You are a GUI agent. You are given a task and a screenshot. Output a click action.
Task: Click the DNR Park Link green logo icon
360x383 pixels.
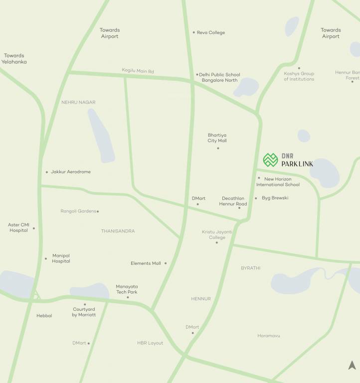tap(270, 160)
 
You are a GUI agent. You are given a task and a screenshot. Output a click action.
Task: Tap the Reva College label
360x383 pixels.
tap(211, 33)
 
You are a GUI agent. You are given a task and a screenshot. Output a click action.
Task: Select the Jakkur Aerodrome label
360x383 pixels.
tap(71, 172)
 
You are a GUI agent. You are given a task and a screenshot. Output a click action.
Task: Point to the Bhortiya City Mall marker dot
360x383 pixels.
tap(218, 148)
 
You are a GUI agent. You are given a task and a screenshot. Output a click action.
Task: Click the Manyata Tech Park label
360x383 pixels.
tap(127, 289)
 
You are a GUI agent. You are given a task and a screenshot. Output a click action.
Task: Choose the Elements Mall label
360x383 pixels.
tap(146, 263)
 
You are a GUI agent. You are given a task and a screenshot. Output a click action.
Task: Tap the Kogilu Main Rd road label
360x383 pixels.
tap(138, 71)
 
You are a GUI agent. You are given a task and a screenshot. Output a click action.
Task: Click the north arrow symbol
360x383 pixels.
tap(352, 366)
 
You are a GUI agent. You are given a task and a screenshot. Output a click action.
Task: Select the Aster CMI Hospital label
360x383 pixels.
tap(19, 227)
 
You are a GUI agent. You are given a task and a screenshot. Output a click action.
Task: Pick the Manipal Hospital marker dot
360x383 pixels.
tap(46, 258)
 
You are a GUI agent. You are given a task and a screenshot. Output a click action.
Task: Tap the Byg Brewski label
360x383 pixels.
tap(275, 198)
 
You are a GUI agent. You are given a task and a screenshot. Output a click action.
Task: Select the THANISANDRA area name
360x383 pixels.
tap(118, 231)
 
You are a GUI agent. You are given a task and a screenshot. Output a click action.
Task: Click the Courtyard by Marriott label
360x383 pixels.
tap(84, 312)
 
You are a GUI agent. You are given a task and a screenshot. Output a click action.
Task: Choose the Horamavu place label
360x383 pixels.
tap(269, 336)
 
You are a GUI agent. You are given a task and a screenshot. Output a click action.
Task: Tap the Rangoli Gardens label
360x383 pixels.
tap(78, 211)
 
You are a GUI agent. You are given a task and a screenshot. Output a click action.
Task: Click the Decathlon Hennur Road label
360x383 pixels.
tap(233, 201)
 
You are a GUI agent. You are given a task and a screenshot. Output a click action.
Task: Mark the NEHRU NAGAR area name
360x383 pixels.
tap(78, 102)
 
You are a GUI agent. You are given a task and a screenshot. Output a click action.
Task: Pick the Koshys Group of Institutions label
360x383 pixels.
tap(299, 76)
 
